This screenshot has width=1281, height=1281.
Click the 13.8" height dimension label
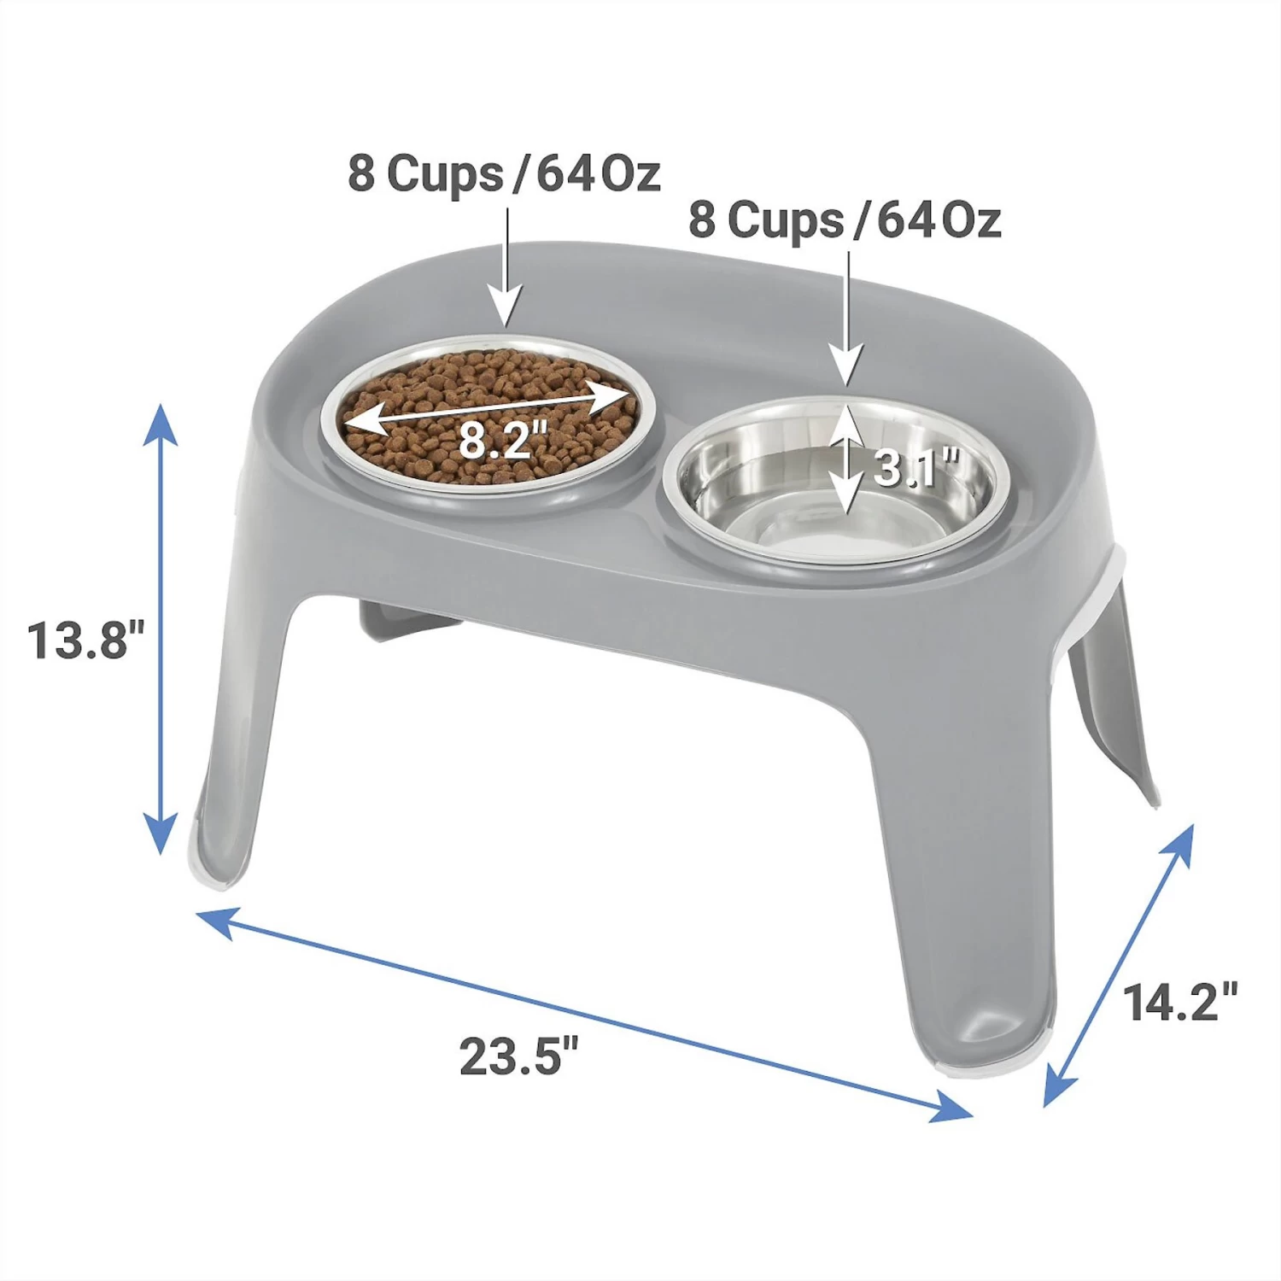(86, 640)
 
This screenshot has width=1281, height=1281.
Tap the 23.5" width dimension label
(519, 1056)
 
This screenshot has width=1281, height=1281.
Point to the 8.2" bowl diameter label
(503, 440)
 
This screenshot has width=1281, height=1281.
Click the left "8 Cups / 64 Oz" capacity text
(504, 173)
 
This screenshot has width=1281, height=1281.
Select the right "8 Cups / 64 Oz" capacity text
(845, 219)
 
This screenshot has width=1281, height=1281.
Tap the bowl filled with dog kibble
(489, 417)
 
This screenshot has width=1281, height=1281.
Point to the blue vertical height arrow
(160, 629)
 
